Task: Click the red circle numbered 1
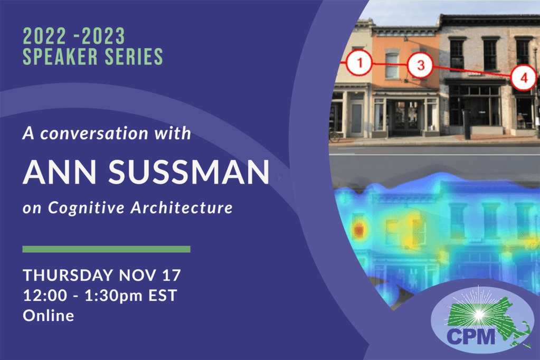[x=359, y=63]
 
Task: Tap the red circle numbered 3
[x=420, y=65]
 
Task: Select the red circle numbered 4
[x=524, y=78]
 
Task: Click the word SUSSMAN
[x=189, y=172]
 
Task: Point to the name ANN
[x=60, y=172]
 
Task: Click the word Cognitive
[x=86, y=207]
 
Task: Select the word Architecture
[x=182, y=207]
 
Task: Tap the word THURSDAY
[x=68, y=275]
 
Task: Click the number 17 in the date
[x=172, y=275]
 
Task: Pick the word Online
[x=49, y=316]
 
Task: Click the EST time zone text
[x=163, y=296]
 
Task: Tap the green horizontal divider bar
[x=107, y=249]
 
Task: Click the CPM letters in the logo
[x=471, y=337]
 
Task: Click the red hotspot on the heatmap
[x=359, y=230]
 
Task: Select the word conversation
[x=94, y=134]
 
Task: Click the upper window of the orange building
[x=392, y=65]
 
